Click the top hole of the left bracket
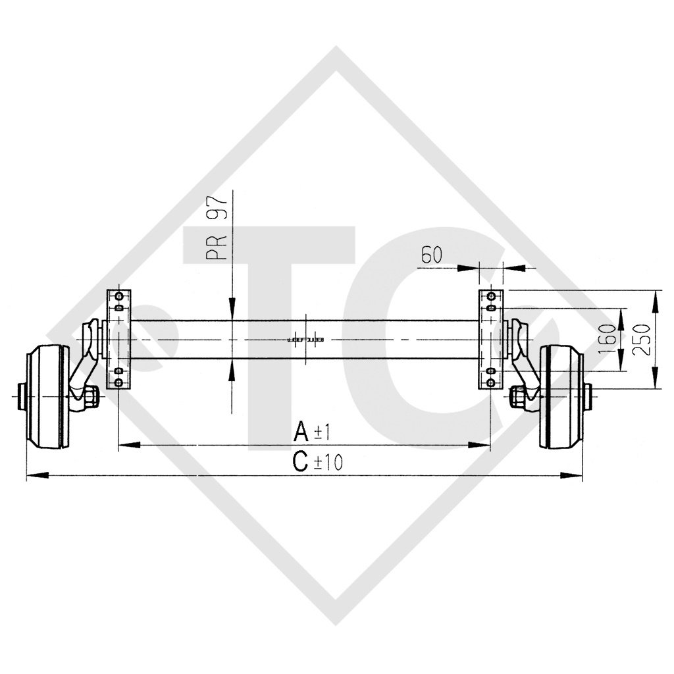pyautogui.click(x=118, y=294)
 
